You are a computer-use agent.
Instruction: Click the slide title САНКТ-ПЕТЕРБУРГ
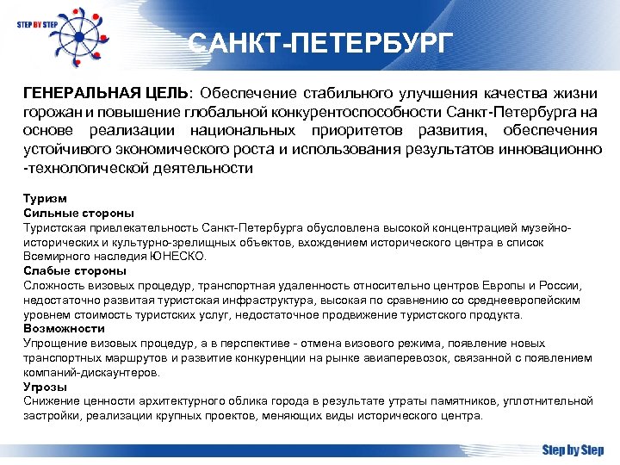click(x=319, y=43)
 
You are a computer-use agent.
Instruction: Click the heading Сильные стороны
click(x=78, y=212)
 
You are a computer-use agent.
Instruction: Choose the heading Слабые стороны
click(x=75, y=270)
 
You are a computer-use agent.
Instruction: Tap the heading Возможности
click(x=64, y=329)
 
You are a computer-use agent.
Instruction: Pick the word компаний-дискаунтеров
click(x=90, y=373)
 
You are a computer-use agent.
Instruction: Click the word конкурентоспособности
click(x=366, y=111)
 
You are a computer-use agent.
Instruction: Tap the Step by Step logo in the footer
click(x=573, y=449)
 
